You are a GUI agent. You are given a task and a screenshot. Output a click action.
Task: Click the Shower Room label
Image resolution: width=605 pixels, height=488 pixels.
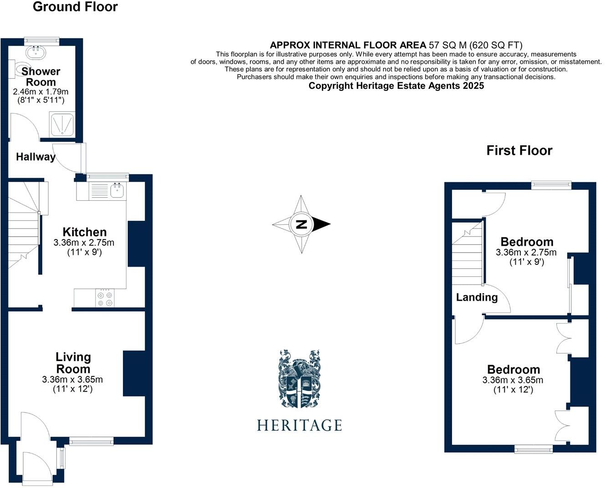[41, 76]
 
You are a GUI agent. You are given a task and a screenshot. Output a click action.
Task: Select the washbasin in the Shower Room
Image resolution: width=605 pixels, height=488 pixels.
[36, 52]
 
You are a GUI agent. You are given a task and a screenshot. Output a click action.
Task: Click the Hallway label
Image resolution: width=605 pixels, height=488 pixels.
[36, 157]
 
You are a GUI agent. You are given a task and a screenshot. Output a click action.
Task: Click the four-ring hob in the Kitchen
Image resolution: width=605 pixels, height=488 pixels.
[105, 299]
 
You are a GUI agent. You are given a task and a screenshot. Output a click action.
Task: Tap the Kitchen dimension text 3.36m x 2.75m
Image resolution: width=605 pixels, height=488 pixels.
[84, 242]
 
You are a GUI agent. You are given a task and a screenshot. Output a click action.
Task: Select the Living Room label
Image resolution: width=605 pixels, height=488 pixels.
[73, 363]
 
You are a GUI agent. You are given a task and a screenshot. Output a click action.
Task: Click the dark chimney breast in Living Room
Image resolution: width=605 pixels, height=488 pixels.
[134, 373]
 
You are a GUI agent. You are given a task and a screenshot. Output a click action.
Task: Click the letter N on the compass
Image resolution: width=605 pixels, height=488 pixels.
[301, 224]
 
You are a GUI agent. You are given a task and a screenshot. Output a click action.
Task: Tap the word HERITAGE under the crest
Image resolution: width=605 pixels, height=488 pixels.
[299, 425]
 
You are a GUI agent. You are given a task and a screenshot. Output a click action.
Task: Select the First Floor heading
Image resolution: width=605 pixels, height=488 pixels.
[519, 151]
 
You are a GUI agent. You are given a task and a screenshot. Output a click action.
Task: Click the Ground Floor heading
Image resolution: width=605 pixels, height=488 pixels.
[75, 7]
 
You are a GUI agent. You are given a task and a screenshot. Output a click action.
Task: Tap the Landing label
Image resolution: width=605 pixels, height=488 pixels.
[477, 297]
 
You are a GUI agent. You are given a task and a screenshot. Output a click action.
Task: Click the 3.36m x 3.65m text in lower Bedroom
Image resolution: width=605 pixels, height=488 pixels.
[513, 380]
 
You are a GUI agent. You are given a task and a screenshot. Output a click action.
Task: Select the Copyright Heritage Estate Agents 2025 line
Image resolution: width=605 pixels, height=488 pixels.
[396, 86]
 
